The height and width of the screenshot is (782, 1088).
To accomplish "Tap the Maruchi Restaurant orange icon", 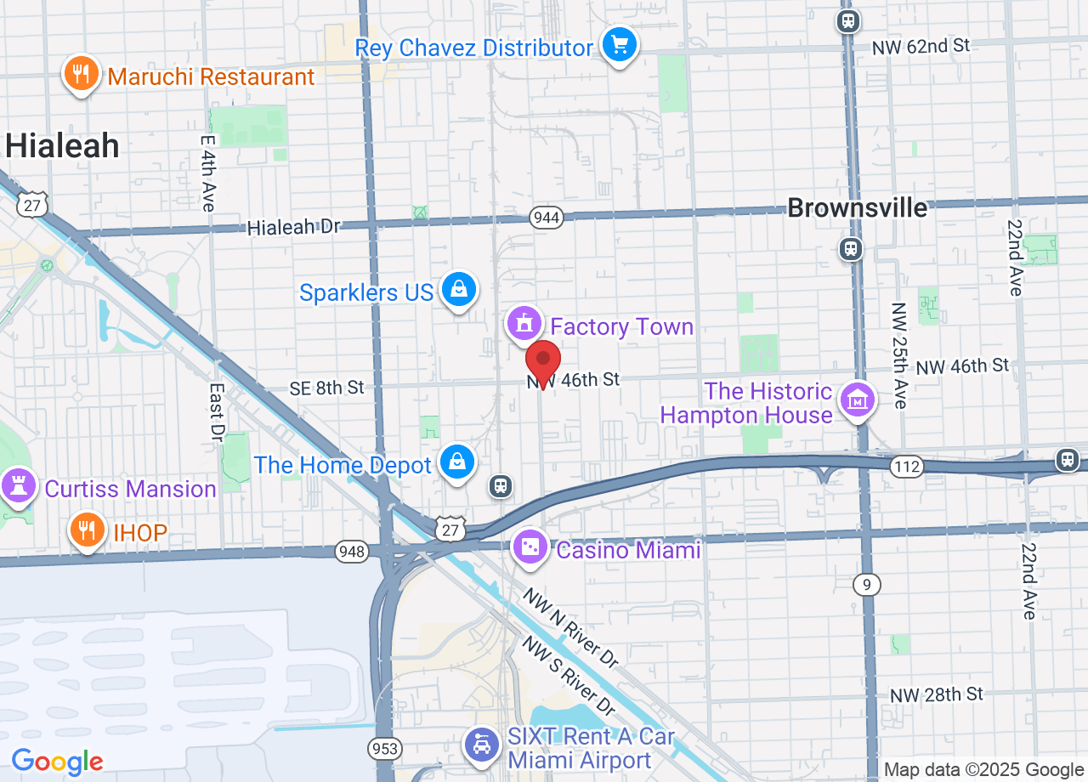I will click(81, 74).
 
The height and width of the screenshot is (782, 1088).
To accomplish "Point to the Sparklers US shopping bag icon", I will click(459, 291).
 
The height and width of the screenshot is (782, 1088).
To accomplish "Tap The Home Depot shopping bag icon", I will click(457, 462).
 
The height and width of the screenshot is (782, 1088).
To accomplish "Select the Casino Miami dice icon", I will click(531, 548).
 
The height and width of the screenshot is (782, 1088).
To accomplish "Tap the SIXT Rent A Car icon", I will click(482, 745).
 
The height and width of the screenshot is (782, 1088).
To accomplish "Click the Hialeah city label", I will click(62, 146).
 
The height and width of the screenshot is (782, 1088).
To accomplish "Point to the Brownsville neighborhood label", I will click(857, 207).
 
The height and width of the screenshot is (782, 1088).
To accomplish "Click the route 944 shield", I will click(546, 218).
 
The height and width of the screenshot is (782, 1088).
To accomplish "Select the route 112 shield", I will click(907, 467).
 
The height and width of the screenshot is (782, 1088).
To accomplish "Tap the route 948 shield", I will click(351, 552).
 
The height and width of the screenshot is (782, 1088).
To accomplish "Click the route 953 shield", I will click(384, 749).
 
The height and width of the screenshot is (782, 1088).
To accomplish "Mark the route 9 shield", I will click(867, 584).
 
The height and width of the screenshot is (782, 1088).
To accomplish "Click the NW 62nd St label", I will click(921, 46).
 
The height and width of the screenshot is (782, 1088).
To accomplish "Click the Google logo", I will click(57, 761).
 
